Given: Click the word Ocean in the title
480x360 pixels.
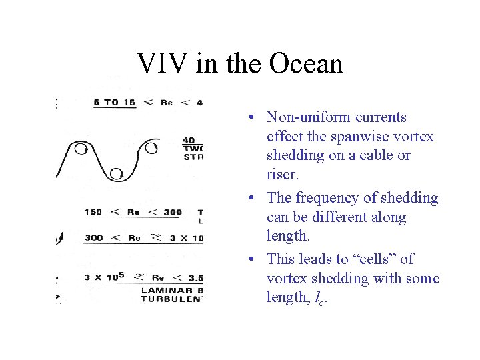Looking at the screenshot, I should point(307,64).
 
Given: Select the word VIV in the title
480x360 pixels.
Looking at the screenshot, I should point(159,64).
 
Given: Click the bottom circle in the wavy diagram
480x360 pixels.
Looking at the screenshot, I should point(117,174).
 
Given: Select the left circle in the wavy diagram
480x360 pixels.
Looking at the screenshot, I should point(81,148).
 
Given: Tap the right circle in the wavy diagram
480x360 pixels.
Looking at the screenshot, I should point(151,147).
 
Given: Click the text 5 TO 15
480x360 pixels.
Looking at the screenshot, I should point(115,102).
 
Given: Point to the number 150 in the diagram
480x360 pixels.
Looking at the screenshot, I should point(93,212).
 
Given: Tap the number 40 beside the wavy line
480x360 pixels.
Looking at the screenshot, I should point(189,141).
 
